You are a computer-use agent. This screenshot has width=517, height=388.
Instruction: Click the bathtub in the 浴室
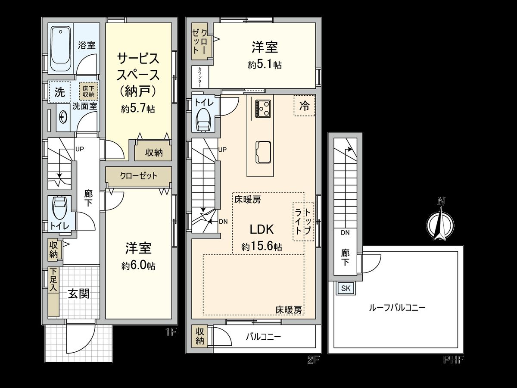[61, 50]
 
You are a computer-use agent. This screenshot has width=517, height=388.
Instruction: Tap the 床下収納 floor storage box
[89, 91]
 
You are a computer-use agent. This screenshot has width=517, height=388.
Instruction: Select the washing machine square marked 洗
[59, 91]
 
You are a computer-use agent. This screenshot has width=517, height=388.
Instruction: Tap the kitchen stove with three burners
[262, 108]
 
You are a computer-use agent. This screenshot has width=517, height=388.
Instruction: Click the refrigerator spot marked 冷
[304, 106]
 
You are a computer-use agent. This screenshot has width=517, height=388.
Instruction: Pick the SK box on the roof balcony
[346, 288]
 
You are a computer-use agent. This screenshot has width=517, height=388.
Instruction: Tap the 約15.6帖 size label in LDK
[262, 247]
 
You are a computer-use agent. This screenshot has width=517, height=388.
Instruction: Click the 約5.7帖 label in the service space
[138, 109]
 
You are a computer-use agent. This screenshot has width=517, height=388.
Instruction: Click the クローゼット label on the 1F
[138, 176]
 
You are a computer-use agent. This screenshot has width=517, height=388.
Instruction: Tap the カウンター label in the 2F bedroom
[200, 77]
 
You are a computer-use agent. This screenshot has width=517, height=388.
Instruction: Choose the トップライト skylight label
[303, 221]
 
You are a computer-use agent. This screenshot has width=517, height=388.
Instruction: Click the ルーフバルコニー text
[397, 307]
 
